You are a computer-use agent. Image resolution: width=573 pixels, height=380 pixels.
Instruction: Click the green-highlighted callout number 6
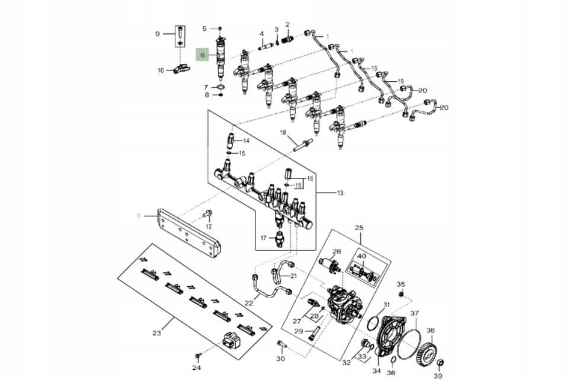(203, 55)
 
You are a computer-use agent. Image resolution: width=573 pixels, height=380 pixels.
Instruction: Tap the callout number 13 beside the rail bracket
(340, 193)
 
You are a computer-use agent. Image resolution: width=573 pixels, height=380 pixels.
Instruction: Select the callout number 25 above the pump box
(358, 228)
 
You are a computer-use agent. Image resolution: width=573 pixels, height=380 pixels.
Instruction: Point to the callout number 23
(156, 333)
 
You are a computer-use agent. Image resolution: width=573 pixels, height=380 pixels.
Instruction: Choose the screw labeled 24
(199, 356)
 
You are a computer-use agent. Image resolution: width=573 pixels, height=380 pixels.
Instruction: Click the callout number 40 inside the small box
(361, 256)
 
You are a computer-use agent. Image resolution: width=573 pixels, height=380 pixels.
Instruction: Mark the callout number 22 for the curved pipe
(249, 304)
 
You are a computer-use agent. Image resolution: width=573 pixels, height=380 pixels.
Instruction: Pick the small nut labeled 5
(219, 28)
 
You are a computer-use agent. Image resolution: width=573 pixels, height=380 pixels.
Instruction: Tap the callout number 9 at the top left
(158, 34)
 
